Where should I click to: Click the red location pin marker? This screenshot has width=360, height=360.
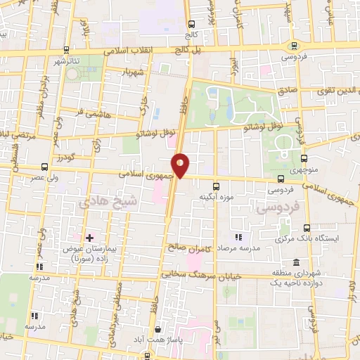pyautogui.click(x=181, y=165)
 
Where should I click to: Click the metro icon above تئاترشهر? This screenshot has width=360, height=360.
pyautogui.click(x=66, y=49)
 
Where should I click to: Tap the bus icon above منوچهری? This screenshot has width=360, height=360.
pyautogui.click(x=304, y=158)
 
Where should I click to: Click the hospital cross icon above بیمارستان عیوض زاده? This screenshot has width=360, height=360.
pyautogui.click(x=89, y=238)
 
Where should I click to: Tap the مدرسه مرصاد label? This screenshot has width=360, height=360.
pyautogui.click(x=241, y=248)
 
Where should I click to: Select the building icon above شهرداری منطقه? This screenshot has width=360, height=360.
pyautogui.click(x=297, y=262)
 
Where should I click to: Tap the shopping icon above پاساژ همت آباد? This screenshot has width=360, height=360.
pyautogui.click(x=159, y=328)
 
